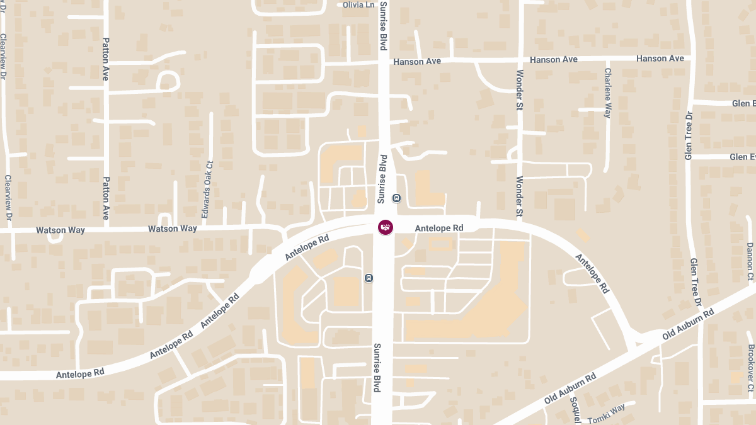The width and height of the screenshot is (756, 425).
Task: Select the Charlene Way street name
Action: [x=608, y=93]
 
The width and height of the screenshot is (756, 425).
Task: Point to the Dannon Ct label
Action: [x=750, y=261]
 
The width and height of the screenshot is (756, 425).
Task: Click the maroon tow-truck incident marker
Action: [x=386, y=227]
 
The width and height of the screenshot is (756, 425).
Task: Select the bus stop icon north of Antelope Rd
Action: [x=396, y=198]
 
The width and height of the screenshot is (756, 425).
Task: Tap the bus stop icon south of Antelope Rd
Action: [x=369, y=278]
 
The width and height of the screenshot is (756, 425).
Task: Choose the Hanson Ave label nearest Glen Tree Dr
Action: [x=660, y=59]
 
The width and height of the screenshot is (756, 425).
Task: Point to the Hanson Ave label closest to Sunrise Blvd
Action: [x=416, y=62]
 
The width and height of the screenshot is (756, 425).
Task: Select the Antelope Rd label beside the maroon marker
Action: [x=439, y=228]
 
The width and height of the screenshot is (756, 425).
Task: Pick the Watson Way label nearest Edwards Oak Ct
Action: [x=172, y=229]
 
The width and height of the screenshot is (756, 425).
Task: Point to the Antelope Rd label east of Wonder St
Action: [x=593, y=273]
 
